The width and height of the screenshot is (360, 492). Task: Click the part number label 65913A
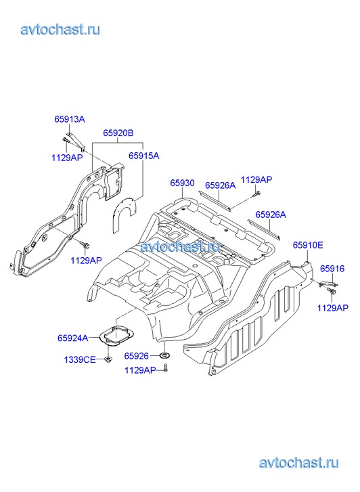tap(70, 119)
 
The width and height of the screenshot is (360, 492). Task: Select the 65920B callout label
tap(118, 133)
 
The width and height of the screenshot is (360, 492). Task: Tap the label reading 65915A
tap(144, 156)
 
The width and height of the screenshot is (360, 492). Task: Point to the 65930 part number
tap(182, 183)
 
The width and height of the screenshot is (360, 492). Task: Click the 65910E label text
tap(308, 245)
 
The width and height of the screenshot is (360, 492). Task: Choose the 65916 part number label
tap(332, 269)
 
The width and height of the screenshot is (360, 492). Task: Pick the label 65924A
tap(73, 338)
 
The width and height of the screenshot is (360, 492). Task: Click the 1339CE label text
tap(80, 359)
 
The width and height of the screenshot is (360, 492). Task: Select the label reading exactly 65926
tap(136, 356)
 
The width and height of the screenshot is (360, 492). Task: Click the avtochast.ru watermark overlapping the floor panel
tap(180, 246)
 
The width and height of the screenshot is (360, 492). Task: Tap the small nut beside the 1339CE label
tap(108, 359)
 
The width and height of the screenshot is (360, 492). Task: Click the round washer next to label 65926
tap(164, 355)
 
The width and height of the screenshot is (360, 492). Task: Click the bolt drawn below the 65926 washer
tap(166, 368)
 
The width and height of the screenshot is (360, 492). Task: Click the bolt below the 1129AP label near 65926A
tap(256, 194)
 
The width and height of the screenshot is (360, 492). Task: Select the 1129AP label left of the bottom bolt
tap(140, 370)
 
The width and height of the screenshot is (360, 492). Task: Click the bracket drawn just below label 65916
tap(328, 284)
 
